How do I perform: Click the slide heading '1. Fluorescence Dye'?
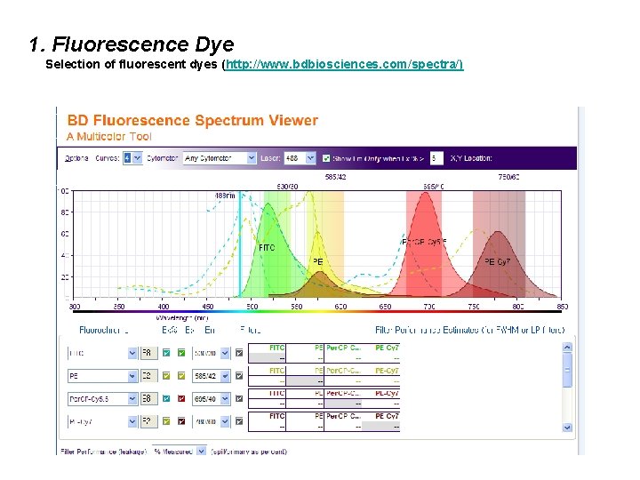click(131, 44)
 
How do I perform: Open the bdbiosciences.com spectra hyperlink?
click(344, 66)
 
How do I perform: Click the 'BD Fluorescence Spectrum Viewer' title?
click(192, 121)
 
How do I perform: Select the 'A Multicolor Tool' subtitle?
click(108, 137)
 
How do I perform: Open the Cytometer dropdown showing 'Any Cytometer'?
click(219, 158)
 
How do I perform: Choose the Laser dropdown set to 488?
click(299, 158)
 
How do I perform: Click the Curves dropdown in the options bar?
click(132, 158)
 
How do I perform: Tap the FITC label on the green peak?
click(266, 248)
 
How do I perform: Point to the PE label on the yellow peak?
click(317, 262)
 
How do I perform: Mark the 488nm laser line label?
click(226, 196)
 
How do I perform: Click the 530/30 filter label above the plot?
click(287, 187)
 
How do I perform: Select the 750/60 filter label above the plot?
click(508, 177)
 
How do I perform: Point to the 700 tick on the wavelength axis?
click(429, 307)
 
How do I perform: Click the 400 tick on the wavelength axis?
click(164, 307)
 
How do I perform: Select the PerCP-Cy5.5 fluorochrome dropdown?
click(102, 399)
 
